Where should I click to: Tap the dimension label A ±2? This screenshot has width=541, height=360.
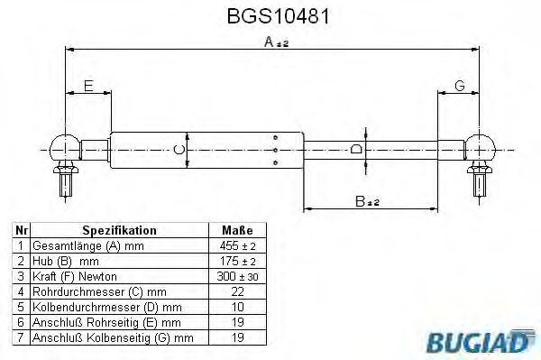[276, 42]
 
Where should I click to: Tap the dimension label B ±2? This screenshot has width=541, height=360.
[366, 203]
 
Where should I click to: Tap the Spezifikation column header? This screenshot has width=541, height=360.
[119, 231]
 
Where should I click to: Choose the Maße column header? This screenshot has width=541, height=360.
[237, 231]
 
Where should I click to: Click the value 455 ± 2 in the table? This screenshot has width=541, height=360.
[237, 245]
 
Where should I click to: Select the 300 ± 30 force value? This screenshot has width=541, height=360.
[237, 275]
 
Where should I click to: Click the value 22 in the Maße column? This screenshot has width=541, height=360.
[237, 291]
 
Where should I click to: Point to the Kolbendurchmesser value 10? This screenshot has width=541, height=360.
[237, 307]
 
